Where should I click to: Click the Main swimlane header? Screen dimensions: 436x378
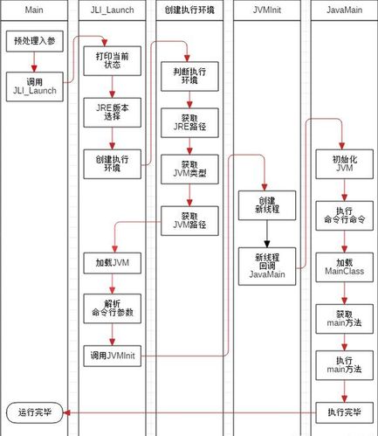pos(34,10)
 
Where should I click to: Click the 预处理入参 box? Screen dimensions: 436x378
pos(34,41)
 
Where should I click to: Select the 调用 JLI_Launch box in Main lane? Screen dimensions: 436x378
pos(34,87)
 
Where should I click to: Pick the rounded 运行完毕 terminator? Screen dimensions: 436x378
pos(34,412)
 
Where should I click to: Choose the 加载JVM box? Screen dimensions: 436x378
pos(111,261)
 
